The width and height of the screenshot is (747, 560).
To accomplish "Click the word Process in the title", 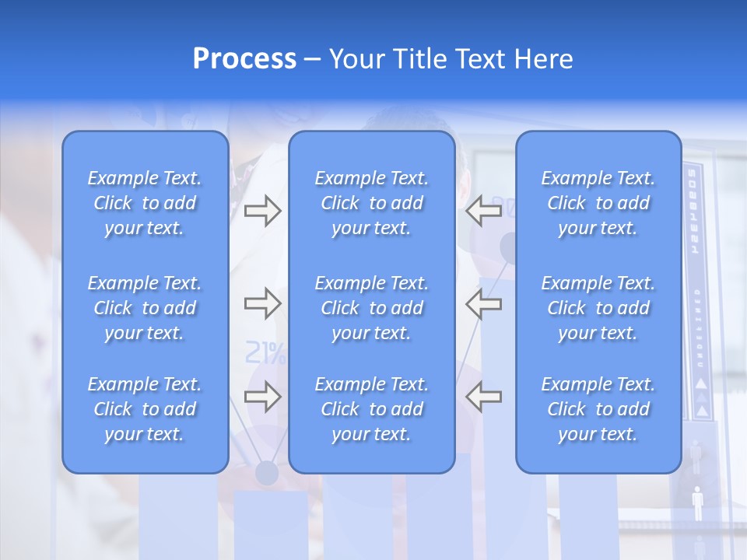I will [244, 59].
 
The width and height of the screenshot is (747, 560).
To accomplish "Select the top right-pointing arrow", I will [262, 211].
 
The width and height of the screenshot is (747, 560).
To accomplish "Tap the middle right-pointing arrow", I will [262, 304].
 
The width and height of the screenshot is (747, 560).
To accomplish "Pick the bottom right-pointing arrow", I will [262, 397].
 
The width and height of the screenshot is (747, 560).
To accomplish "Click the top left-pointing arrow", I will [483, 211].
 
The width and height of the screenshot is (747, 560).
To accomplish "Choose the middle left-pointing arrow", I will [483, 304].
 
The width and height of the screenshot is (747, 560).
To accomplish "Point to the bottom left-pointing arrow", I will [483, 397].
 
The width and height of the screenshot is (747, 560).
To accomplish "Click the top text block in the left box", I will [145, 203].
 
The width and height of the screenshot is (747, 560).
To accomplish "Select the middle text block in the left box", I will [145, 308].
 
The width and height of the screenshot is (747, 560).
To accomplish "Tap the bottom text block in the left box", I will [145, 409].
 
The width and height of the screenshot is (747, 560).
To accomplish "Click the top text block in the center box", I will [371, 203].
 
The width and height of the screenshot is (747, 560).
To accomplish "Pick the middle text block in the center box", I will [371, 308].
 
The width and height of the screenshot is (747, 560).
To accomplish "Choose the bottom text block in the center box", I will [371, 409].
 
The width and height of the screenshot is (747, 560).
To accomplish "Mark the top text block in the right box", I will [598, 203].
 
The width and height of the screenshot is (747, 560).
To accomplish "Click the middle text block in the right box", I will [598, 308].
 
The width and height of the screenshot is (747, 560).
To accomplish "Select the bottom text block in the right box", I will [598, 409].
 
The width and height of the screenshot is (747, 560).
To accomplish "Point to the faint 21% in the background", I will [265, 353].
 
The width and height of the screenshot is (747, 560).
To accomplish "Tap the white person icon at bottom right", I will [697, 503].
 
